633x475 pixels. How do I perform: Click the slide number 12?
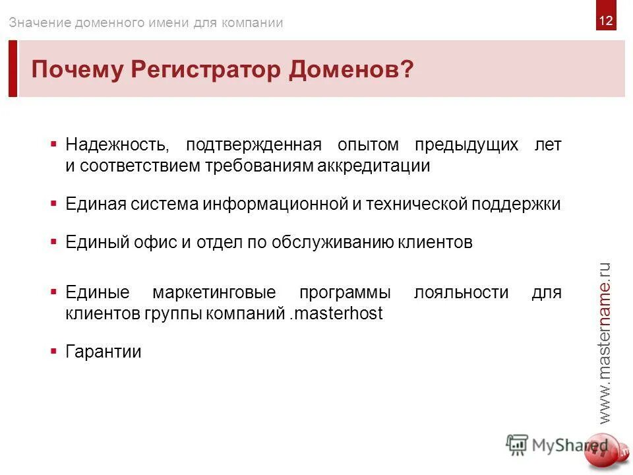coord(606,21)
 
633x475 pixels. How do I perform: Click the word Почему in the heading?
coord(77,69)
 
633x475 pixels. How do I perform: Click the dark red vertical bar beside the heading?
coord(13,69)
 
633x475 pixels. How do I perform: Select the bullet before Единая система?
coord(53,203)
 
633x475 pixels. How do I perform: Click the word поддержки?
coord(516,204)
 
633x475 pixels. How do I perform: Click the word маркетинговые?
coord(214,292)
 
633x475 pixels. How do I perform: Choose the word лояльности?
coord(461,292)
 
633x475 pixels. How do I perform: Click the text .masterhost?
coord(336,313)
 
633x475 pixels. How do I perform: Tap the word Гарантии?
coord(104,352)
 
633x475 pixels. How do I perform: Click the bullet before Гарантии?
coord(53,351)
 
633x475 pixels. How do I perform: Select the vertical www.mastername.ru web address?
coord(605,342)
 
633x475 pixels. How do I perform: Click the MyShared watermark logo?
coord(557,445)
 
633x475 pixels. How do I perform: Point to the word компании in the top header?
coord(251,22)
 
